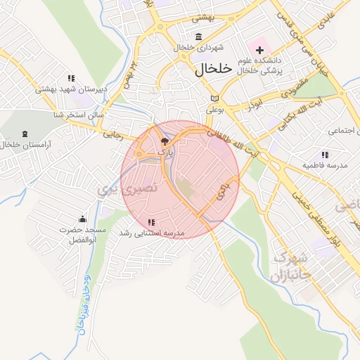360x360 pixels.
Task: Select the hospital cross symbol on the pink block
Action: [x=260, y=50]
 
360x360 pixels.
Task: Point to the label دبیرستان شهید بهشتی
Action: [x=71, y=90]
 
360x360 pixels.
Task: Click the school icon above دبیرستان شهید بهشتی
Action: [x=71, y=78]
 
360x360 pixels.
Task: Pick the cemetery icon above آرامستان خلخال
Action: [x=26, y=134]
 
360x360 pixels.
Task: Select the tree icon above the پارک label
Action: [x=165, y=141]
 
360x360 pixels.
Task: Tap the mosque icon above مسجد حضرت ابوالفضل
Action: [x=82, y=219]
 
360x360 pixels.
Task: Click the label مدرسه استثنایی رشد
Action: [x=150, y=233]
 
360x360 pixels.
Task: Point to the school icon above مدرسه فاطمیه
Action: [x=324, y=155]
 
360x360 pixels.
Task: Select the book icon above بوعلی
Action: [x=214, y=98]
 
